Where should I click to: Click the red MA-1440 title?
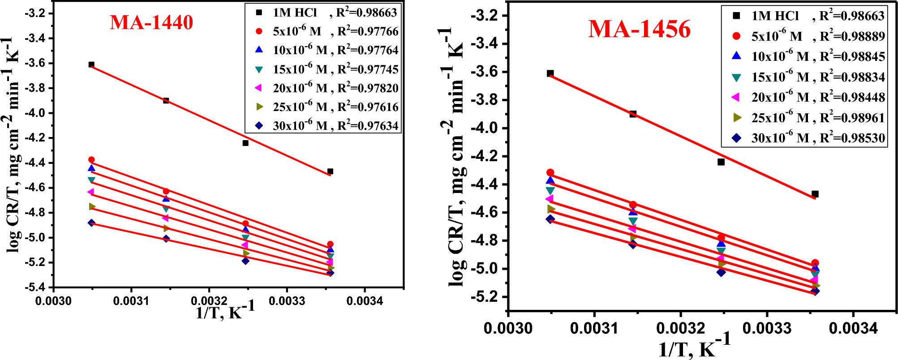click(x=151, y=22)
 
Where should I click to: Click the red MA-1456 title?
click(x=639, y=29)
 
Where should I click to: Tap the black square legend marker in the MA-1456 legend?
click(x=736, y=16)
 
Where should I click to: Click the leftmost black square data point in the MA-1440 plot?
click(x=91, y=64)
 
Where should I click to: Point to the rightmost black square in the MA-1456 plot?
click(x=815, y=194)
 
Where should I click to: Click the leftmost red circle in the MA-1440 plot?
click(x=91, y=160)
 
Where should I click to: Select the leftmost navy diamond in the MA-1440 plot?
click(x=91, y=223)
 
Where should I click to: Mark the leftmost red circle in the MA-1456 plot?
click(x=550, y=172)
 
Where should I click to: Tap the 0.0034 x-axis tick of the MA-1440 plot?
click(x=365, y=301)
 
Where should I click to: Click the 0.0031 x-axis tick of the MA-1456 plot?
click(x=594, y=328)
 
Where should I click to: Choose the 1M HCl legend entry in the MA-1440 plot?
click(x=295, y=13)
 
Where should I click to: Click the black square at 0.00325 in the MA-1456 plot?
click(x=721, y=162)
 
